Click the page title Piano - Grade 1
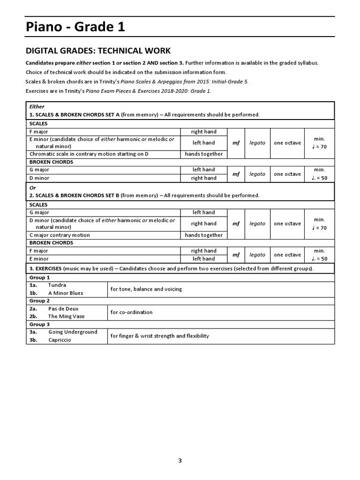(75, 28)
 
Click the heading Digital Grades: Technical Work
(98, 51)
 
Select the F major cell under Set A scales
(39, 132)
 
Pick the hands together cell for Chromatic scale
(203, 154)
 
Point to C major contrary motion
(60, 235)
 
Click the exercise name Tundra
(57, 285)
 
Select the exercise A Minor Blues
(65, 293)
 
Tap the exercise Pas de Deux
(63, 309)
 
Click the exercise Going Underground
(73, 332)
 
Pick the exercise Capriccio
(60, 340)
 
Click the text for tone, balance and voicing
(146, 289)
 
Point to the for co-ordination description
(131, 312)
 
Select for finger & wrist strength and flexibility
(160, 336)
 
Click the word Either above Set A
(37, 106)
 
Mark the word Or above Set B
(33, 187)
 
